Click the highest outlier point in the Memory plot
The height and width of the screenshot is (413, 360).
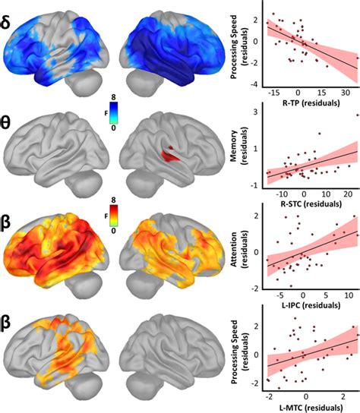coord(355,115)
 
